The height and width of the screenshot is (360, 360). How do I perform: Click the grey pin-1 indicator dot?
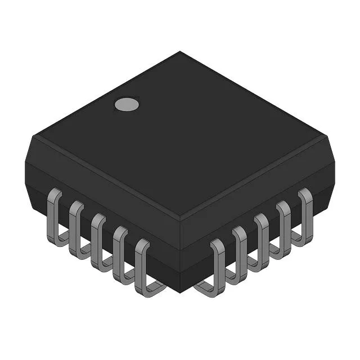127,103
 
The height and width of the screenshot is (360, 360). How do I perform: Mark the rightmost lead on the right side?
306,211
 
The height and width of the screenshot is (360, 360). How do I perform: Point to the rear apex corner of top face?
180,52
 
